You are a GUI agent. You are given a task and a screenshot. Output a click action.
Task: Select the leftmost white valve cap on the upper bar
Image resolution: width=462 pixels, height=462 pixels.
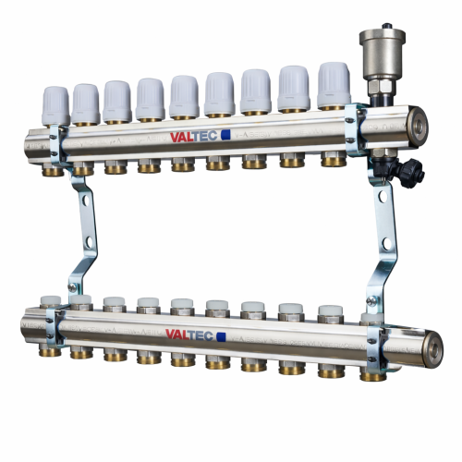point(55,105)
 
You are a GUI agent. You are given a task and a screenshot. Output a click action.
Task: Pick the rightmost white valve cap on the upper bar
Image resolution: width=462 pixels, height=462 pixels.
point(334,85)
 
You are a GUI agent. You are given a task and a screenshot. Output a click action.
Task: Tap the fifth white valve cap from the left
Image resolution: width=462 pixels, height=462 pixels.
point(184,97)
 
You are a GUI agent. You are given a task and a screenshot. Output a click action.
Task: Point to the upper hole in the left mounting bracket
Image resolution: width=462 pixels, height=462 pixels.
point(85,200)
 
